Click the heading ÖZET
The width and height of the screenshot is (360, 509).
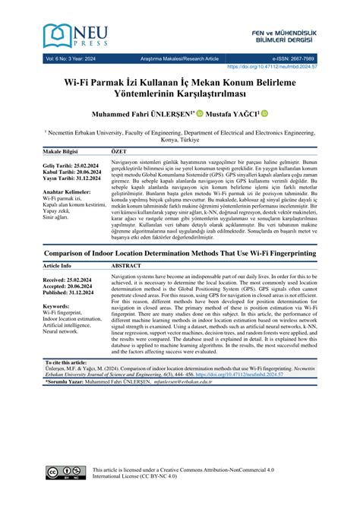coord(119,151)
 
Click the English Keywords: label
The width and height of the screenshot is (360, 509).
coord(59,327)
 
